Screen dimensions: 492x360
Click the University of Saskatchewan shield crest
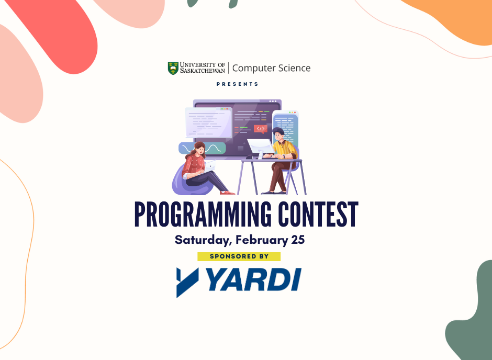[x=173, y=68]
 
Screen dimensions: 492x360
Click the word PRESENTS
[x=237, y=84]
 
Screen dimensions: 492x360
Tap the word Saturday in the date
[x=203, y=240]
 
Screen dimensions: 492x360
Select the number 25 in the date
[x=298, y=240]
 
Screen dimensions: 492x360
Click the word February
[x=262, y=240]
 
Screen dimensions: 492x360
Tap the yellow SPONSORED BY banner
[x=239, y=256]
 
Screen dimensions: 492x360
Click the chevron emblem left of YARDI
[x=187, y=283]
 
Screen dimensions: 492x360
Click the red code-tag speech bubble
[x=261, y=129]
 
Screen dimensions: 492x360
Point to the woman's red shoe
[x=227, y=193]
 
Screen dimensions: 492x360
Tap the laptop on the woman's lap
[x=209, y=165]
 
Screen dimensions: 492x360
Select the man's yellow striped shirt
[x=284, y=150]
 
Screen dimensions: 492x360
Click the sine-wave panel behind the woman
[x=202, y=148]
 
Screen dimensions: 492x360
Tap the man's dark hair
[x=278, y=131]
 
